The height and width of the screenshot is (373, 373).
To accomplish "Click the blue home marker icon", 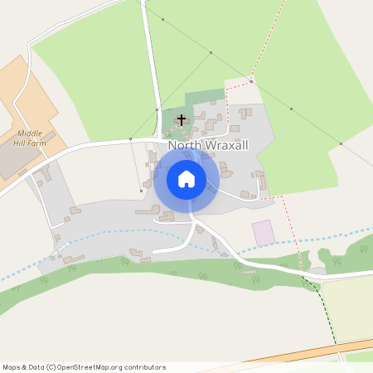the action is click(x=186, y=178).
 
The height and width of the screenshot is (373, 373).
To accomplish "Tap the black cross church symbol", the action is click(x=182, y=121).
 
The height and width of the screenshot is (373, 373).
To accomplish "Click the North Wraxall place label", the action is click(x=210, y=146).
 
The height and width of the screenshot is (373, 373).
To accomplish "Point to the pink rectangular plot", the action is click(x=263, y=232).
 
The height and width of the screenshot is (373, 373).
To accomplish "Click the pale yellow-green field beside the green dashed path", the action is click(x=348, y=307).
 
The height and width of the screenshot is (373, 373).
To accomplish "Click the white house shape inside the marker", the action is click(x=186, y=178).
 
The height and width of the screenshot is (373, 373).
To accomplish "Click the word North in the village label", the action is click(x=184, y=146).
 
